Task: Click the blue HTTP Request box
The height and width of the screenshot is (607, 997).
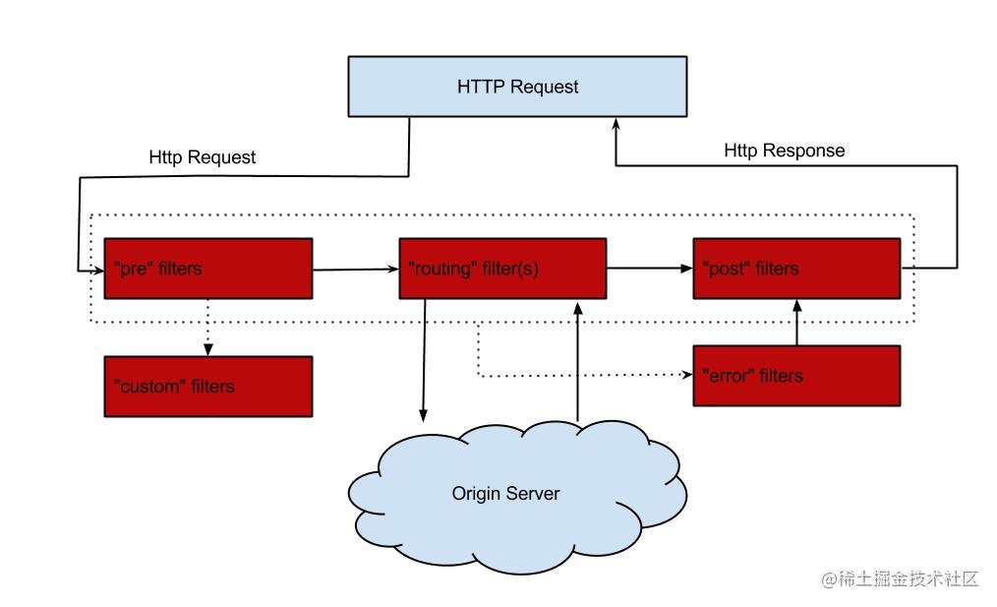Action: coord(517,87)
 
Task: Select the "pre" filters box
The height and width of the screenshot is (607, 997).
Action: coord(207,269)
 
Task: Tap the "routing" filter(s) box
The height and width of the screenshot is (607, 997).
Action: coord(502,269)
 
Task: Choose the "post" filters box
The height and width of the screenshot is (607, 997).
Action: coord(796,269)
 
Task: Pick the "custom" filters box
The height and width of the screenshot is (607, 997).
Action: coord(207,387)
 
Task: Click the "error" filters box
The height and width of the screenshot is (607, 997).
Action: coord(796,376)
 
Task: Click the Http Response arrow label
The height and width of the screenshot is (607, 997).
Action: coord(784,151)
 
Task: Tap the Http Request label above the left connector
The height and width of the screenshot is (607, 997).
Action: coord(203,157)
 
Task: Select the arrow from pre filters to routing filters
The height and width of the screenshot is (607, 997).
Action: coord(355,270)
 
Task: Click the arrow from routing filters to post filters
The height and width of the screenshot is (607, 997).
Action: coord(650,269)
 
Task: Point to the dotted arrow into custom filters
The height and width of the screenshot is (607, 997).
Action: coord(207,327)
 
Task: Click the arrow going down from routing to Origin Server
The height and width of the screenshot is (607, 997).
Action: coord(424,360)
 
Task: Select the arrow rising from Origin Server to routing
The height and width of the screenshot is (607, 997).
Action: coord(578,361)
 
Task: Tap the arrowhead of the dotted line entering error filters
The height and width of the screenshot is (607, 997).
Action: coord(687,374)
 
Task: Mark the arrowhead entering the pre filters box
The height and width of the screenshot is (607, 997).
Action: coord(98,272)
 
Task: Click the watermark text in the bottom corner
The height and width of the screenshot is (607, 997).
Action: coord(900,579)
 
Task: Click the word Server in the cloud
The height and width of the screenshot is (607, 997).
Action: coord(533,494)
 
